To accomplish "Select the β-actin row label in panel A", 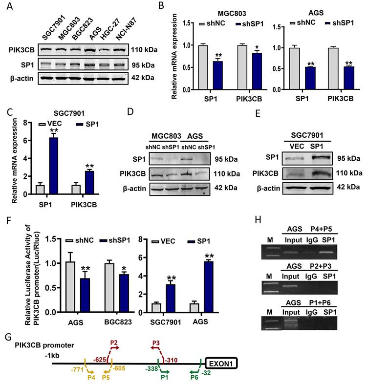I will click(x=20, y=77).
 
